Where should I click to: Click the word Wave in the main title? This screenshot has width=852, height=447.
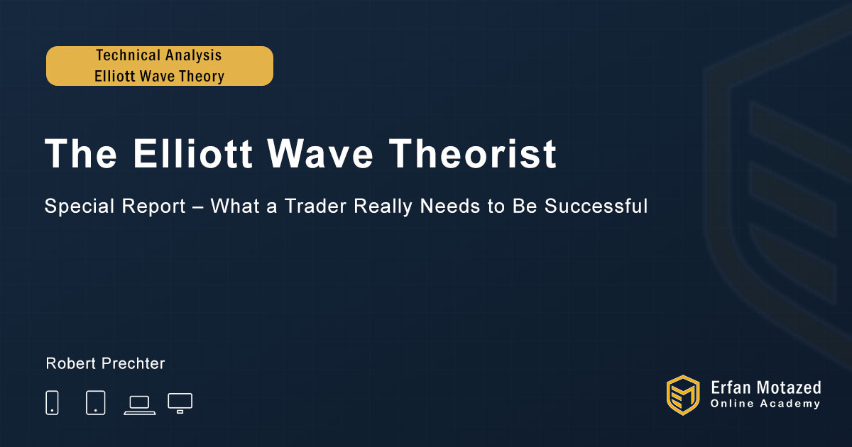[x=320, y=153]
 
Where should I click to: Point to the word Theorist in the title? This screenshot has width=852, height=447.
[x=472, y=153]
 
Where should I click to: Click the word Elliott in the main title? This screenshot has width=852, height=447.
[x=192, y=153]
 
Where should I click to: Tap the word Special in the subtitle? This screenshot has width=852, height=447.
[x=80, y=206]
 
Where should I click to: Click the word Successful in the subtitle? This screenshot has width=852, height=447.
[x=596, y=206]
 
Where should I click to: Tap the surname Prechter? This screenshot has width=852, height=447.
[x=133, y=363]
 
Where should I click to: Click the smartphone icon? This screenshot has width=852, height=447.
[x=52, y=402]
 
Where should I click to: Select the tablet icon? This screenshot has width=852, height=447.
[x=95, y=402]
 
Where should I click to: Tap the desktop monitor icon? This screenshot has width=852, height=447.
[x=180, y=403]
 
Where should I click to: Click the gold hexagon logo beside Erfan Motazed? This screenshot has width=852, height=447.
[x=683, y=395]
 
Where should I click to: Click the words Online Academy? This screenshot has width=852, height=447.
[x=765, y=404]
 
